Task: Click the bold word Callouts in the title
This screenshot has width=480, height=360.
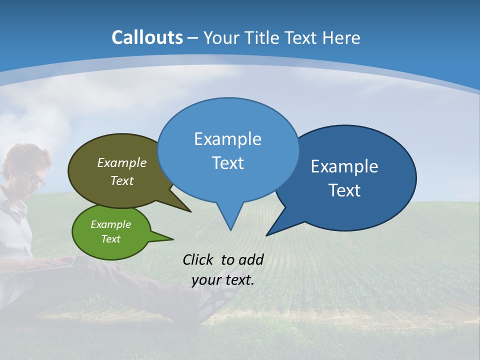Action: coord(147,37)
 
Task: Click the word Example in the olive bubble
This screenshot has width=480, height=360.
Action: coord(122,163)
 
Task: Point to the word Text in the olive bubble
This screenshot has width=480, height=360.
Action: coord(122,180)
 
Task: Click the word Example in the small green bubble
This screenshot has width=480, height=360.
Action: coord(111,224)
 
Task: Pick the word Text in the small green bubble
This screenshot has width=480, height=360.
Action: coord(111,239)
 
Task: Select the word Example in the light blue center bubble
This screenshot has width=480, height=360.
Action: coord(227,139)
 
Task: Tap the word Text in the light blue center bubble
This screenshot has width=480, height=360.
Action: coord(227,163)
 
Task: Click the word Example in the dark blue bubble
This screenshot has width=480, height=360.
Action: coord(344,166)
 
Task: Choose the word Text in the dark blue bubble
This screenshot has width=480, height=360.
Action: coord(344,190)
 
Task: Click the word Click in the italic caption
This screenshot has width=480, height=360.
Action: coord(199,259)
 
